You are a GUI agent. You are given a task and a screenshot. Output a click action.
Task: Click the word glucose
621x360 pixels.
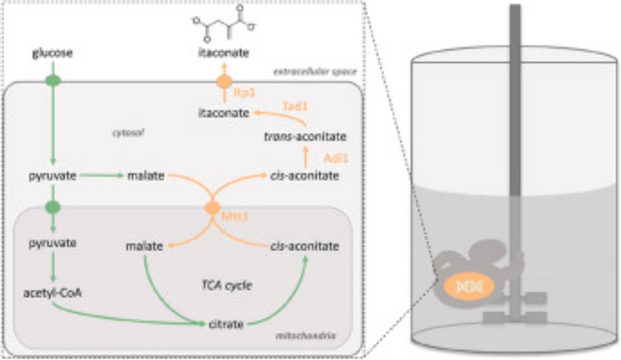(53, 54)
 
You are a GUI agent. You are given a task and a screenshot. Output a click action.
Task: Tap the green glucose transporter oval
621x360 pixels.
(53, 81)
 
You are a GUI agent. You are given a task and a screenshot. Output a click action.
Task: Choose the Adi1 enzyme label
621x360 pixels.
(337, 158)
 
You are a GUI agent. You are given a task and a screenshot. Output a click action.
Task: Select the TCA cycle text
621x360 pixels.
(221, 285)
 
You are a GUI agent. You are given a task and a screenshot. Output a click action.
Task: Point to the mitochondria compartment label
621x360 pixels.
(304, 336)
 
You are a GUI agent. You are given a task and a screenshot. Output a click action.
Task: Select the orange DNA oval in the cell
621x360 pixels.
(468, 286)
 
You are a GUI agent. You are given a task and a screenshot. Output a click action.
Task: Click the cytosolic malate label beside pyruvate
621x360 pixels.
(145, 176)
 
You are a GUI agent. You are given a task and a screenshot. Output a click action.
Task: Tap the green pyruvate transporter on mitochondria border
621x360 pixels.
(53, 207)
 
